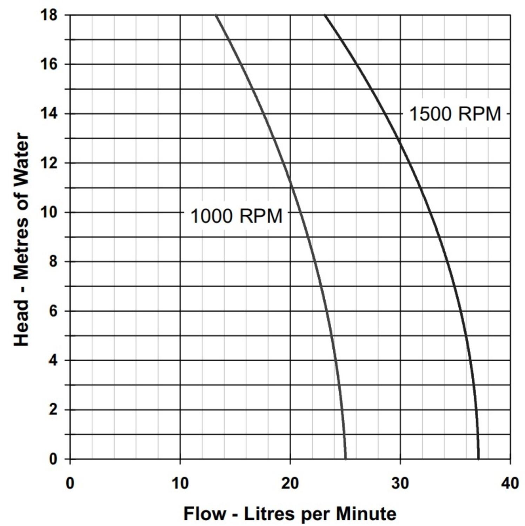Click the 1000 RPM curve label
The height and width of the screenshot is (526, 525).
[x=236, y=216]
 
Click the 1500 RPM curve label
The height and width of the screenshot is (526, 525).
[x=455, y=114]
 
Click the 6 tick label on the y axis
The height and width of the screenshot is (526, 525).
[x=53, y=311]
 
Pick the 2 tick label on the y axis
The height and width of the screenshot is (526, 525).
[x=53, y=410]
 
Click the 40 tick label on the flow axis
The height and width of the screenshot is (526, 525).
[x=510, y=483]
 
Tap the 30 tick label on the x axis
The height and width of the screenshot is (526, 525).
[x=400, y=483]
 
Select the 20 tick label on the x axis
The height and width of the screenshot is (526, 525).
[x=290, y=483]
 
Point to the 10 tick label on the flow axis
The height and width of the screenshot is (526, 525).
[x=180, y=483]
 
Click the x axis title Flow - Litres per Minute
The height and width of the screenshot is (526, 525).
[x=290, y=514]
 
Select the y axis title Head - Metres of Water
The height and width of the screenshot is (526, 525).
[x=21, y=239]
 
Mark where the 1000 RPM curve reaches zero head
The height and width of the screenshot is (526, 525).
[x=346, y=459]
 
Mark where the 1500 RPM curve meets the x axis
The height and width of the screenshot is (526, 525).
[x=479, y=459]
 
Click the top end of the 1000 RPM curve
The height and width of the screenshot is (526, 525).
[x=216, y=15]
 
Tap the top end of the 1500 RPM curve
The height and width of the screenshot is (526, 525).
[x=325, y=15]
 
